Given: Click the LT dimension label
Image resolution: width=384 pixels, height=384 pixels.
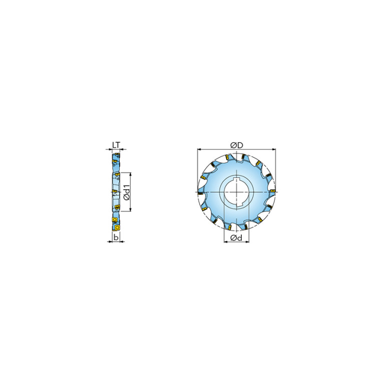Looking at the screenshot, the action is tap(116, 145).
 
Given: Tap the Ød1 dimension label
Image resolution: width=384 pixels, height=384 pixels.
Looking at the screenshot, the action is tap(127, 192).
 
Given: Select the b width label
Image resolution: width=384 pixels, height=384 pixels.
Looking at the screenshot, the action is tap(116, 237).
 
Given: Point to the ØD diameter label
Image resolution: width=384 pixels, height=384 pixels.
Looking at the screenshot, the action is tap(237, 145).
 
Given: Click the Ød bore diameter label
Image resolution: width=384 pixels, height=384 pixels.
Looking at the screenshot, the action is tap(236, 237).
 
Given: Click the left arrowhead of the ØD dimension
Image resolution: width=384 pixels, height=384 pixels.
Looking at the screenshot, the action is tap(199, 149).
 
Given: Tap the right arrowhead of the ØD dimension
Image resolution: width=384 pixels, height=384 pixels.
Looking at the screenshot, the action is tap(274, 149).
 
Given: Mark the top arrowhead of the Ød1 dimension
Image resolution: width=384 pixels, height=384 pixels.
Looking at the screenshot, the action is tap(130, 174).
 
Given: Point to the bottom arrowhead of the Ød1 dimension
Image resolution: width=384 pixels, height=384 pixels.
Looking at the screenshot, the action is tap(130, 209).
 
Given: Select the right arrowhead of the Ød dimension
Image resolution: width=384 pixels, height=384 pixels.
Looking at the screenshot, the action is tap(247, 242).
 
